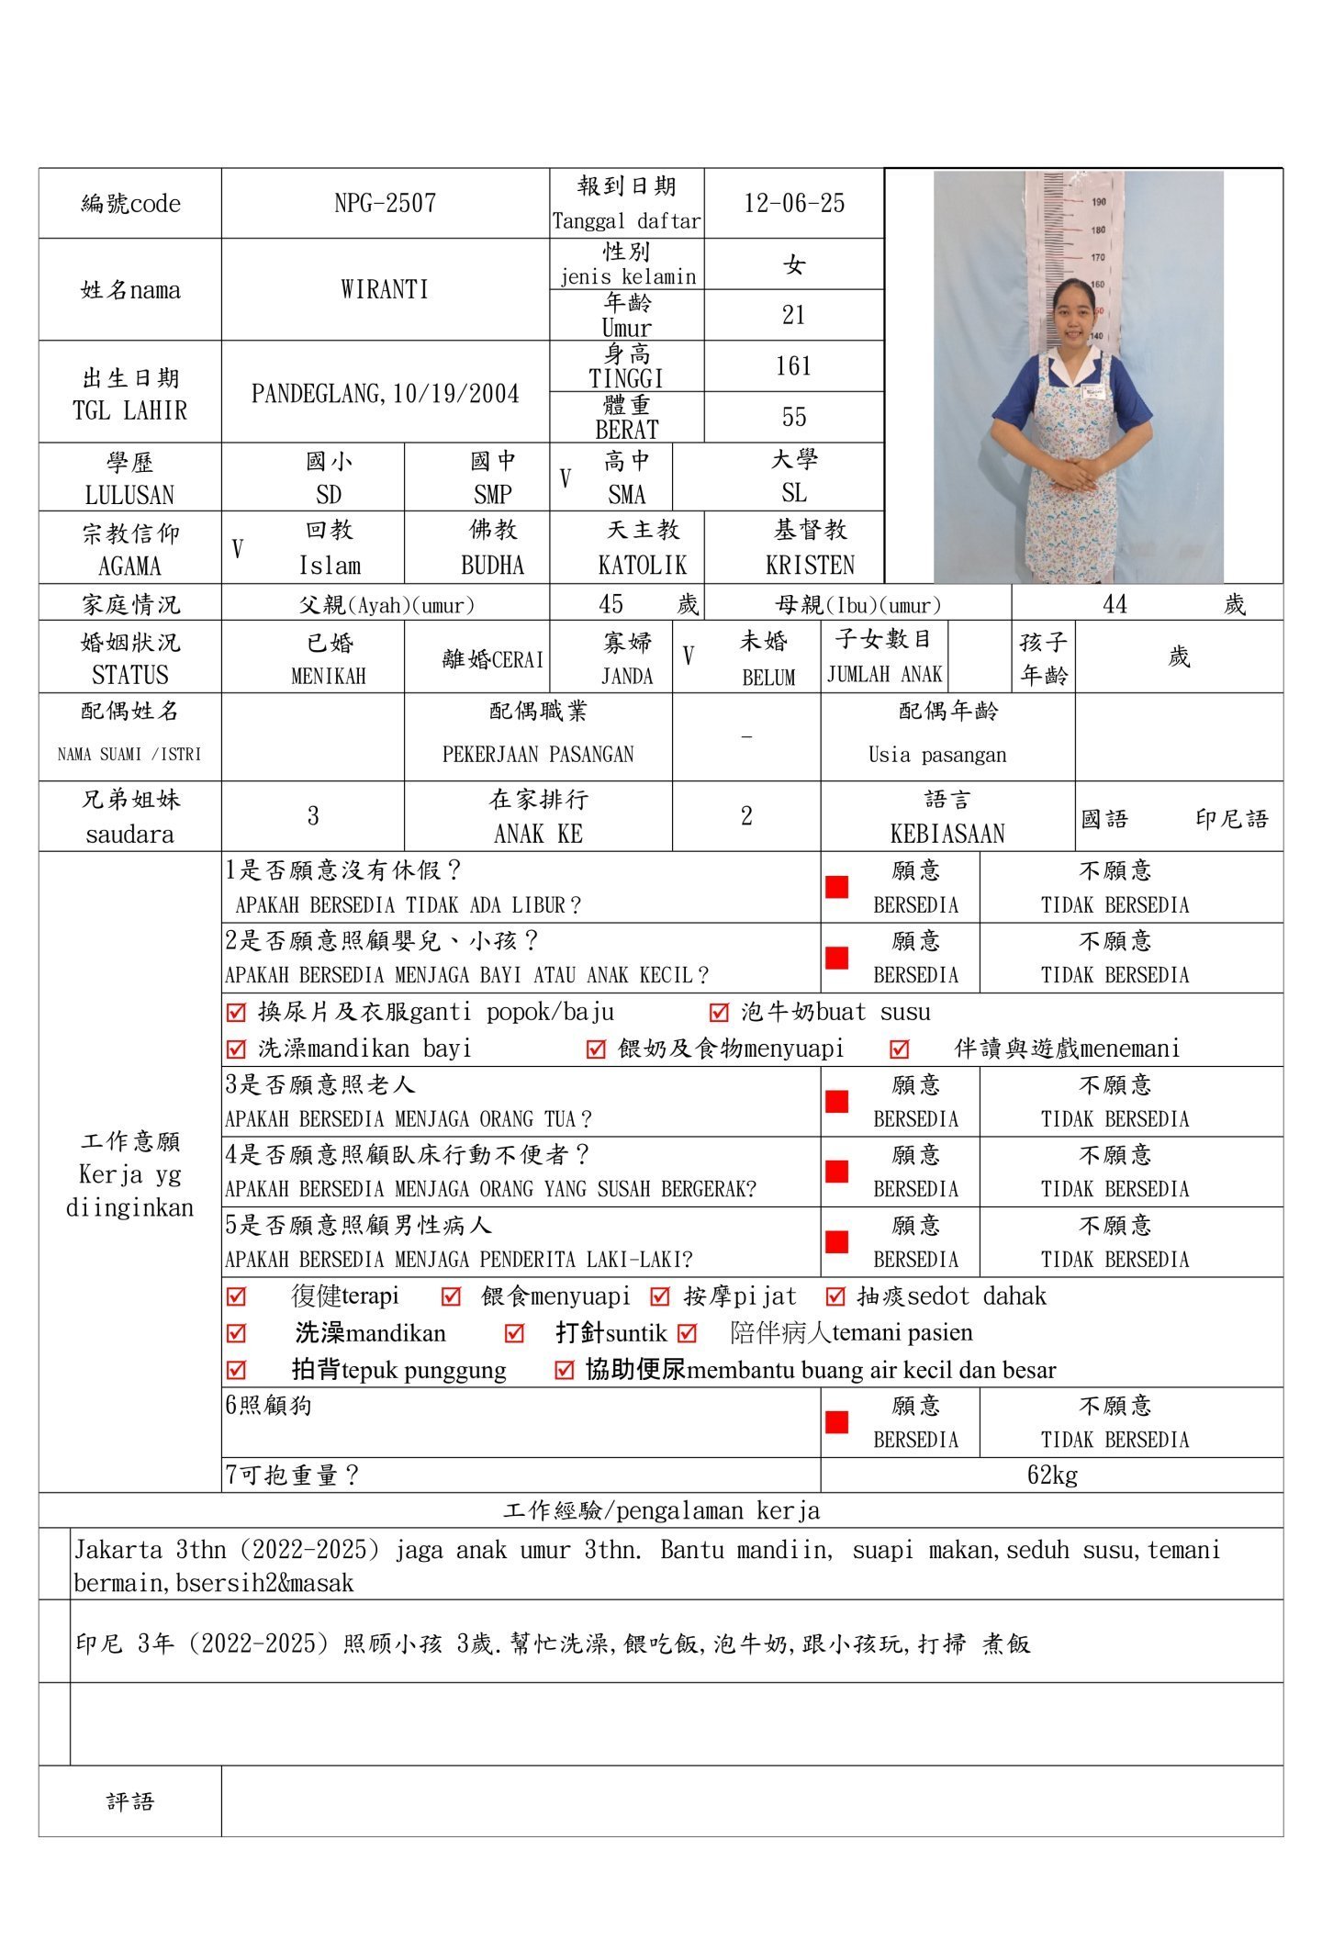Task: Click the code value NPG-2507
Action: pyautogui.click(x=385, y=203)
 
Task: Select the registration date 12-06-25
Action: pyautogui.click(x=794, y=203)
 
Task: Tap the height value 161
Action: pyautogui.click(x=793, y=366)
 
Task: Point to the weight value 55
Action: pyautogui.click(x=793, y=417)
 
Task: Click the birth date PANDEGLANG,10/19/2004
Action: pyautogui.click(x=385, y=393)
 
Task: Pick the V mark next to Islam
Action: pyautogui.click(x=238, y=549)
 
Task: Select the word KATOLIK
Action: pyautogui.click(x=642, y=565)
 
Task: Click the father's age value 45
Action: pyautogui.click(x=611, y=603)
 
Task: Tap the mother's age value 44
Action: pyautogui.click(x=1115, y=603)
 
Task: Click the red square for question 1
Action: pyautogui.click(x=836, y=887)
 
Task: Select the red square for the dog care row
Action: pyautogui.click(x=836, y=1422)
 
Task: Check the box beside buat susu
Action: pyautogui.click(x=719, y=1013)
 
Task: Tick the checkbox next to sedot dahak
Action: pyautogui.click(x=835, y=1296)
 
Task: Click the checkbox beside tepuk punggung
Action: pyautogui.click(x=236, y=1370)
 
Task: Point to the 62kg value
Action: pyautogui.click(x=1052, y=1475)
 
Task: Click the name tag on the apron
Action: pyautogui.click(x=1092, y=393)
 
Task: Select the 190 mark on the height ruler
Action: pyautogui.click(x=1098, y=201)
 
